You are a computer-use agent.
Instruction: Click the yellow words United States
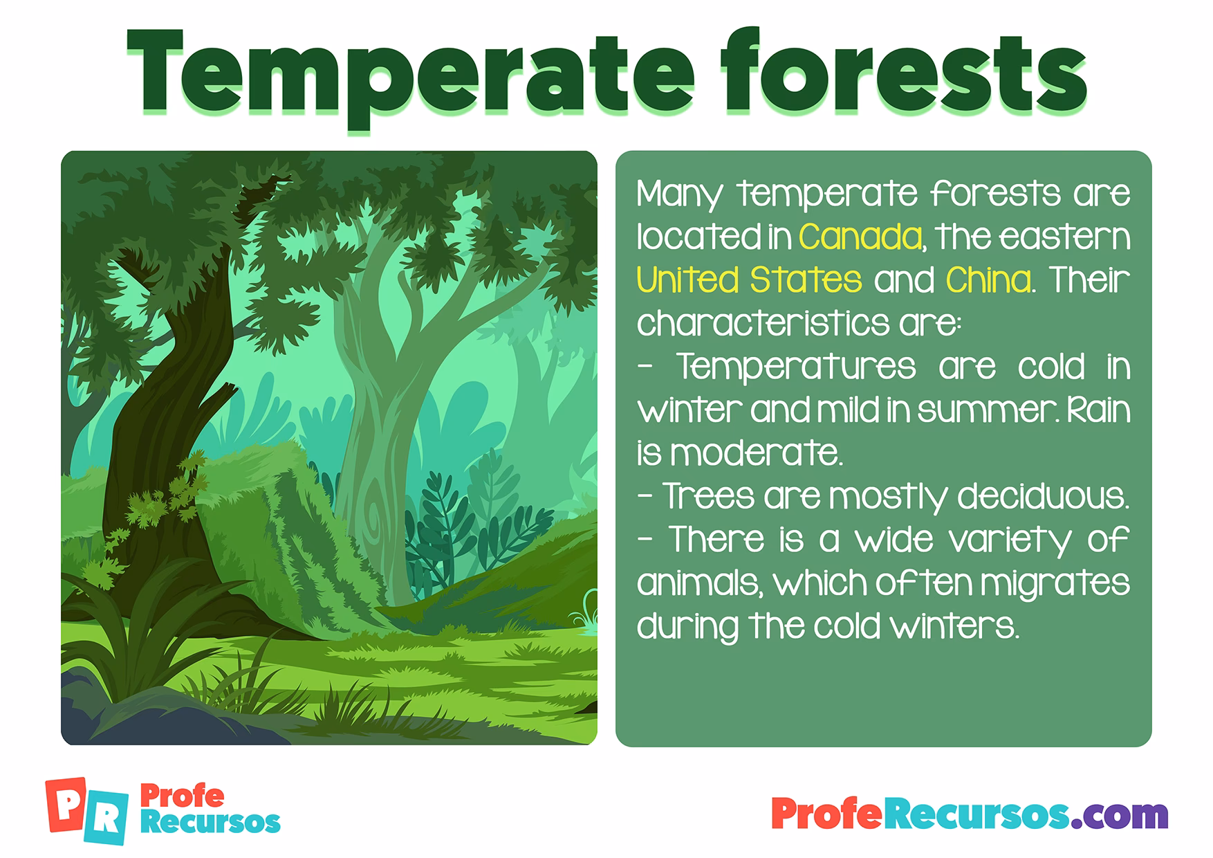[749, 280]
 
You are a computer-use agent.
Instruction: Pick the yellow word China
[988, 280]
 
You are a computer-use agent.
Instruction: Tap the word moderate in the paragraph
[755, 453]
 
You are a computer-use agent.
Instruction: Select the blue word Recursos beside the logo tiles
[210, 823]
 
